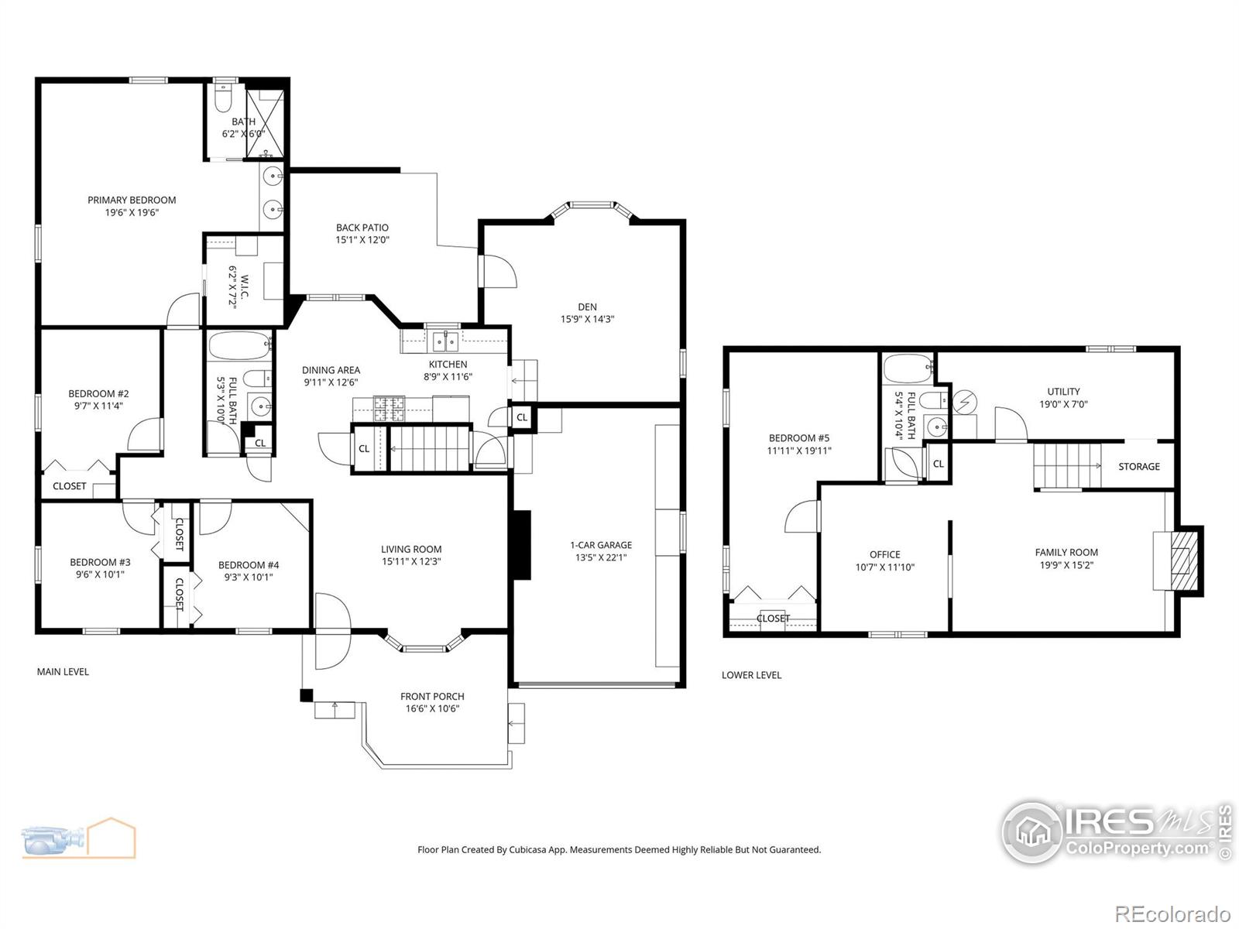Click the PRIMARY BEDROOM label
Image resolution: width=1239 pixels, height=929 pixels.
[132, 200]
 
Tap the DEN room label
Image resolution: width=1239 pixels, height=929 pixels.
[587, 307]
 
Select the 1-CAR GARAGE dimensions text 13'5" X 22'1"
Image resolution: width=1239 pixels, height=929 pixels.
[601, 557]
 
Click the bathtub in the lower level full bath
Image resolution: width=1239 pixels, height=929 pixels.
[908, 369]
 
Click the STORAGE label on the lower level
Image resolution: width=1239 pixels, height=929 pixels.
[1138, 466]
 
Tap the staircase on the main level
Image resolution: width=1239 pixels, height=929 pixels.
[430, 448]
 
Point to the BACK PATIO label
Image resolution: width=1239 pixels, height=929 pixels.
[362, 228]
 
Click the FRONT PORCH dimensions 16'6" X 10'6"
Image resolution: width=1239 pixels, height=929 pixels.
[432, 708]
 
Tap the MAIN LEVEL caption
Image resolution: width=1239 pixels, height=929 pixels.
[63, 671]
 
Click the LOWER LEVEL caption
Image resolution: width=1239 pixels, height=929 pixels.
[751, 675]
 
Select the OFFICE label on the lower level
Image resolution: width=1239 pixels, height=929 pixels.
[884, 554]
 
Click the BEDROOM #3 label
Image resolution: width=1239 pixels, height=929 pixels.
[100, 562]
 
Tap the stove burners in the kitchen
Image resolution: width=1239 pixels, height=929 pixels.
[390, 407]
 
